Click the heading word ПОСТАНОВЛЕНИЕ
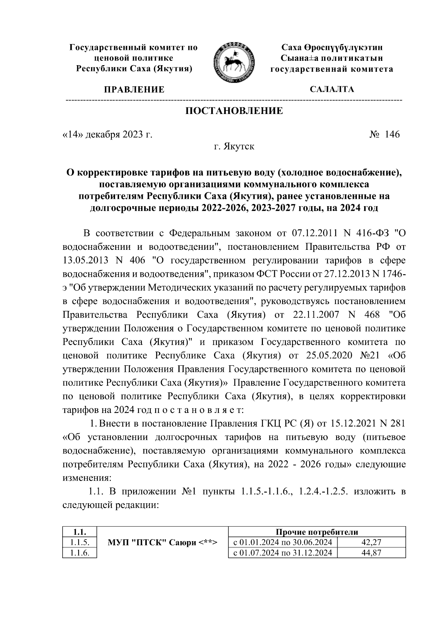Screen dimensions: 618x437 click(234, 111)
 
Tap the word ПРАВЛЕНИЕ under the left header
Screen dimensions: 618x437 click(134, 90)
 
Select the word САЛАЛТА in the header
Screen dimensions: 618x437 click(331, 90)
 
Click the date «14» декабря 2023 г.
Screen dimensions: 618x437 click(107, 135)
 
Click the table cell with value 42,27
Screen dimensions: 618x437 click(371, 543)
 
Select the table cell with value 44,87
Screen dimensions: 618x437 click(371, 553)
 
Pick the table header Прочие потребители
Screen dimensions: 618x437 click(316, 532)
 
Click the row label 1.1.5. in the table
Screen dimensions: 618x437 click(79, 543)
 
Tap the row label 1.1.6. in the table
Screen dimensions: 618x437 click(79, 553)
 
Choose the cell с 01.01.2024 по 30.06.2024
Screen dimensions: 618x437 click(283, 543)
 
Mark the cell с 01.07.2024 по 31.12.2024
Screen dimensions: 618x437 click(283, 553)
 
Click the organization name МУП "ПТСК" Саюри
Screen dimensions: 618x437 click(162, 543)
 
